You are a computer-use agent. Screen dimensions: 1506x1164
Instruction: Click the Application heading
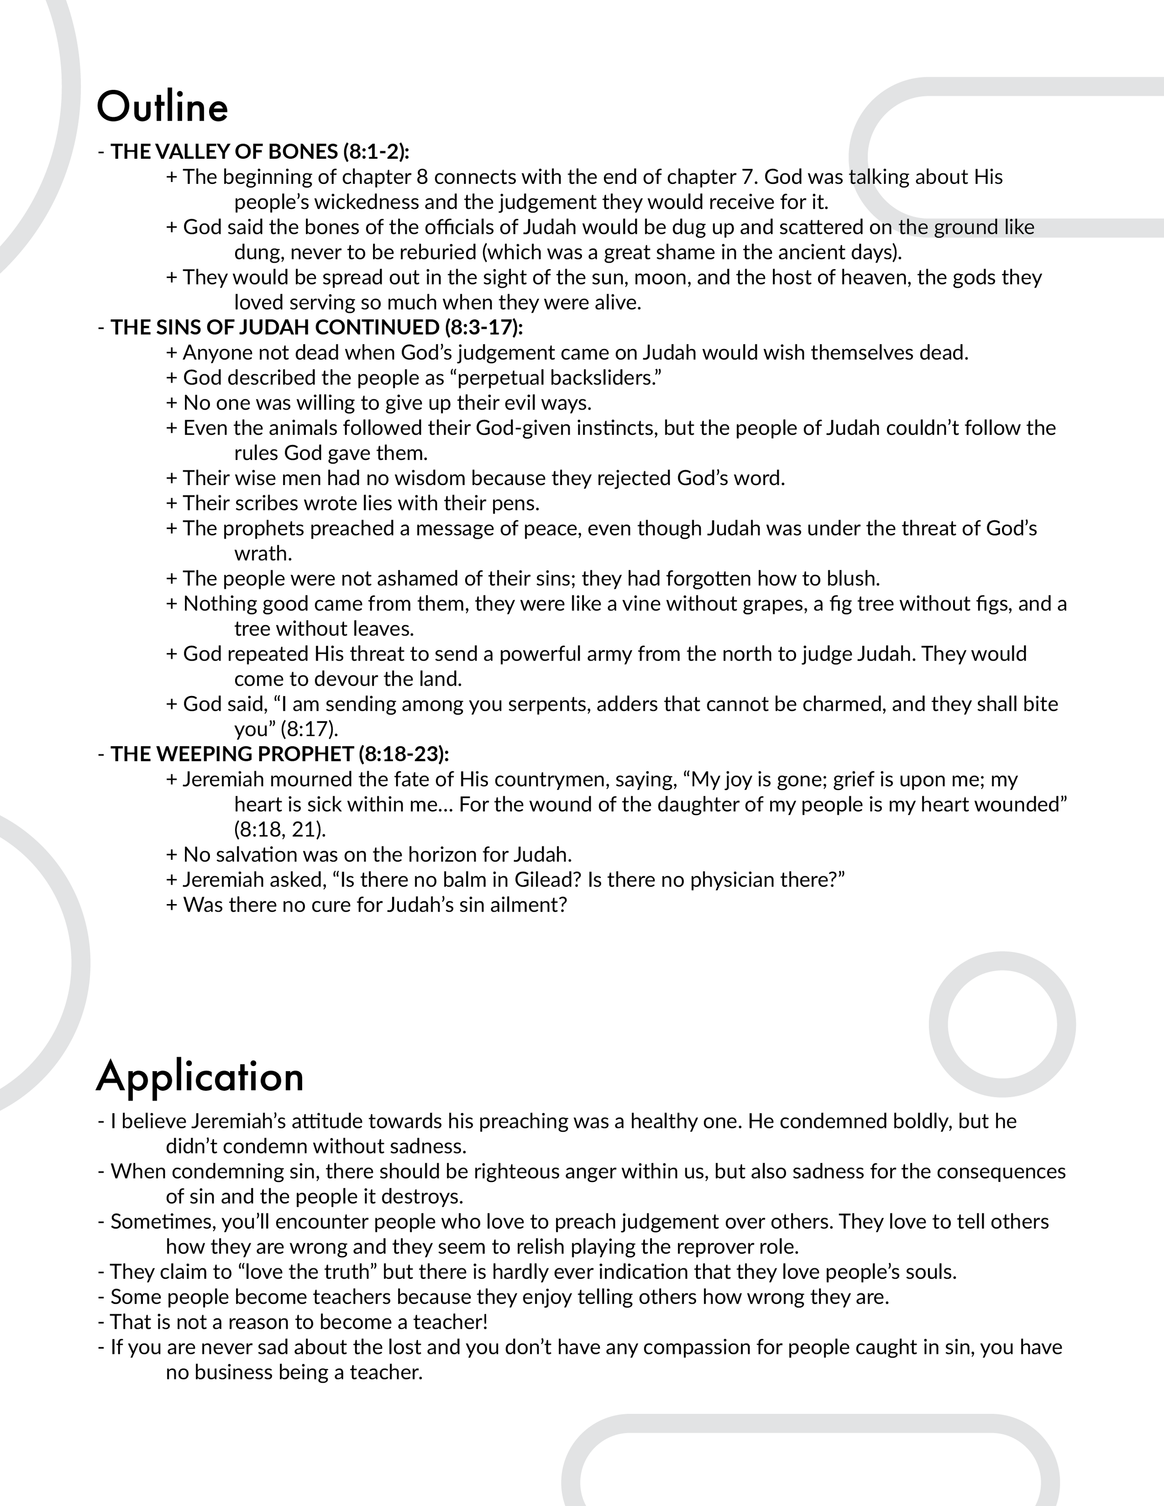click(x=200, y=1077)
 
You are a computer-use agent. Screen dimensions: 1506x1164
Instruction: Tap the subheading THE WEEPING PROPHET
click(x=232, y=754)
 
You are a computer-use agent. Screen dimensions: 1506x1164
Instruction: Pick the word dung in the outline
click(x=256, y=252)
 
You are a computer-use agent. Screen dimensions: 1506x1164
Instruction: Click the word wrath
click(x=263, y=554)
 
